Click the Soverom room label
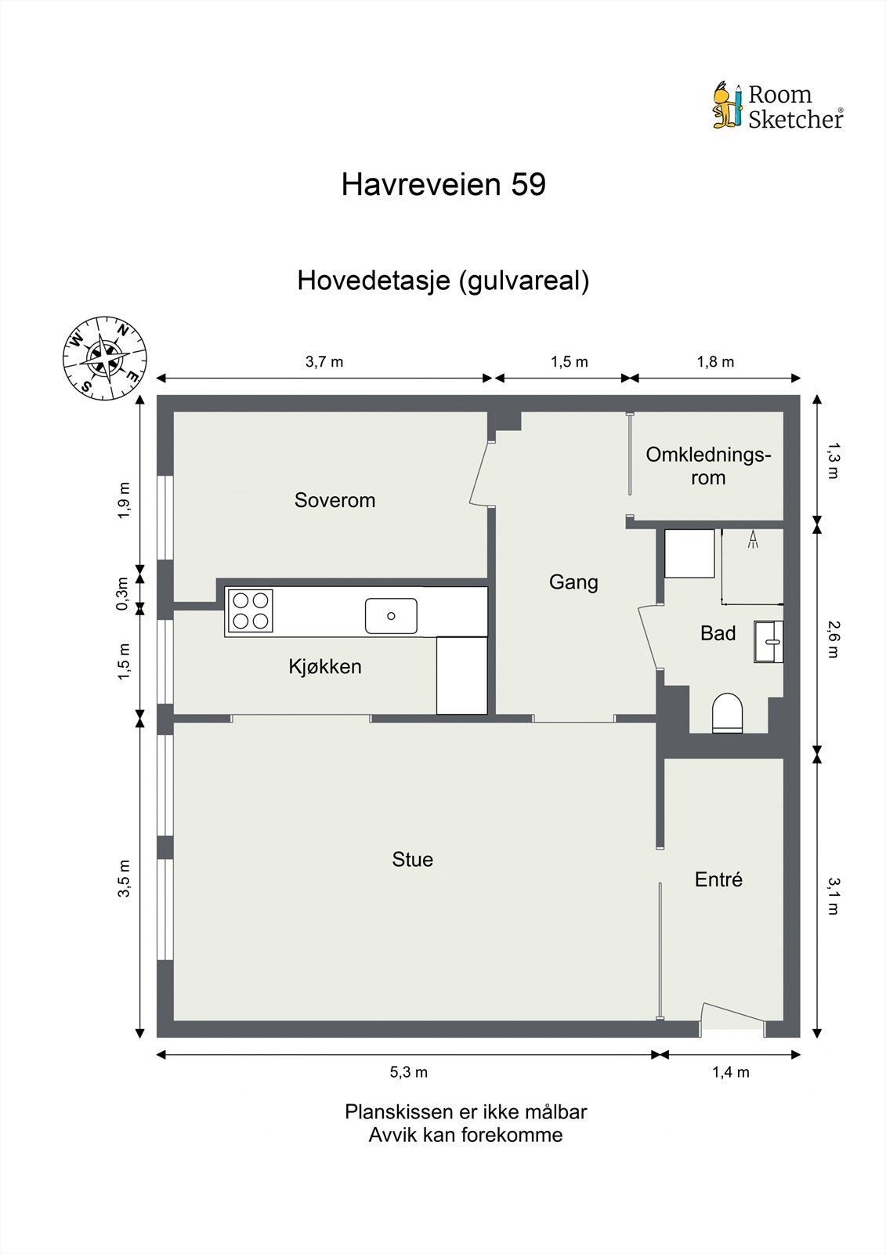coord(335,500)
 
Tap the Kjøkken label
coord(325,667)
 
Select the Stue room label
coord(413,860)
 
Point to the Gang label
coord(573,582)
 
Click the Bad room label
coord(718,633)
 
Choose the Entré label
coord(718,879)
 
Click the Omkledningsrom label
coord(708,466)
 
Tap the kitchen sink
coord(391,615)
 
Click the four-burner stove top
coord(251,611)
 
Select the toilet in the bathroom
coord(727,712)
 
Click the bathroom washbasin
coord(769,642)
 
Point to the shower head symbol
coord(753,539)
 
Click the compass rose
coord(104,358)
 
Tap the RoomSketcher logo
coord(778,106)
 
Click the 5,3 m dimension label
coord(409,1072)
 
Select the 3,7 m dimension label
coord(324,361)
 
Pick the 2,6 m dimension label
coord(832,639)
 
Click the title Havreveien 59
coord(443,185)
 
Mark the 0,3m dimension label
coord(122,593)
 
